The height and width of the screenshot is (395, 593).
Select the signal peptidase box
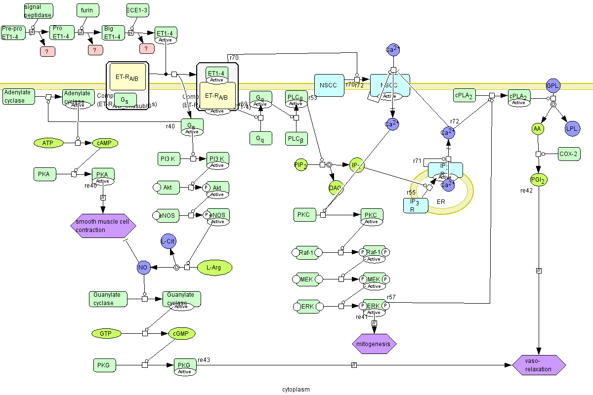[38, 10]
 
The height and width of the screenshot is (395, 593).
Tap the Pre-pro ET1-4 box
[13, 33]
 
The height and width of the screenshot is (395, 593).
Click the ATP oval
[48, 143]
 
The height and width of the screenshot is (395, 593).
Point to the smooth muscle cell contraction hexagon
[103, 226]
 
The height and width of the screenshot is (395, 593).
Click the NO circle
[143, 268]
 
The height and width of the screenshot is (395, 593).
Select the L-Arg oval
[214, 268]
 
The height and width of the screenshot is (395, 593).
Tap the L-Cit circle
[169, 241]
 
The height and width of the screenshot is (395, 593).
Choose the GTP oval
[106, 334]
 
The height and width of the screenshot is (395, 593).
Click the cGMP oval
[181, 334]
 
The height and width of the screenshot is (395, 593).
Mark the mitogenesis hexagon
[374, 344]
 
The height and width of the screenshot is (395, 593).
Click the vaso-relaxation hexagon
[539, 365]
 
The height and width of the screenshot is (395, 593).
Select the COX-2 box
[569, 154]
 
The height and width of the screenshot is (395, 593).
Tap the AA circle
[538, 129]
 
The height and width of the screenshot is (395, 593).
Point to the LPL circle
[572, 129]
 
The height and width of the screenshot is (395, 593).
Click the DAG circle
[336, 188]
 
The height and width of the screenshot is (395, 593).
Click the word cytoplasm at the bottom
[296, 389]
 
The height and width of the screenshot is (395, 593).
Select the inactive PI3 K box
[168, 159]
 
